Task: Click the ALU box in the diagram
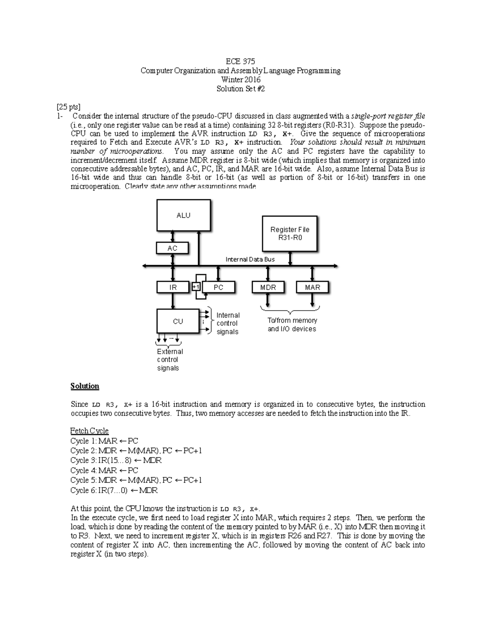(x=183, y=215)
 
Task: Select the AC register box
(x=172, y=248)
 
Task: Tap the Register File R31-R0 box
(x=290, y=233)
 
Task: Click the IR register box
(x=173, y=287)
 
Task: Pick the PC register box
(x=219, y=287)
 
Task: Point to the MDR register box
(x=268, y=287)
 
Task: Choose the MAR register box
(x=312, y=287)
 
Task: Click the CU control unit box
(x=178, y=321)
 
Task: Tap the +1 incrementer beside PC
(x=196, y=287)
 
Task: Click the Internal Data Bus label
(x=250, y=260)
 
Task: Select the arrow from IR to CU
(x=173, y=301)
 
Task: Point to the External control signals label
(x=169, y=360)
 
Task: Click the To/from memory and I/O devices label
(x=292, y=325)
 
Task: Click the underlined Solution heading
(x=85, y=386)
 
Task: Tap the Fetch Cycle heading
(x=89, y=431)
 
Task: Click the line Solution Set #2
(x=241, y=89)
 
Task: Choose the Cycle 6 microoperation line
(x=114, y=490)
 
